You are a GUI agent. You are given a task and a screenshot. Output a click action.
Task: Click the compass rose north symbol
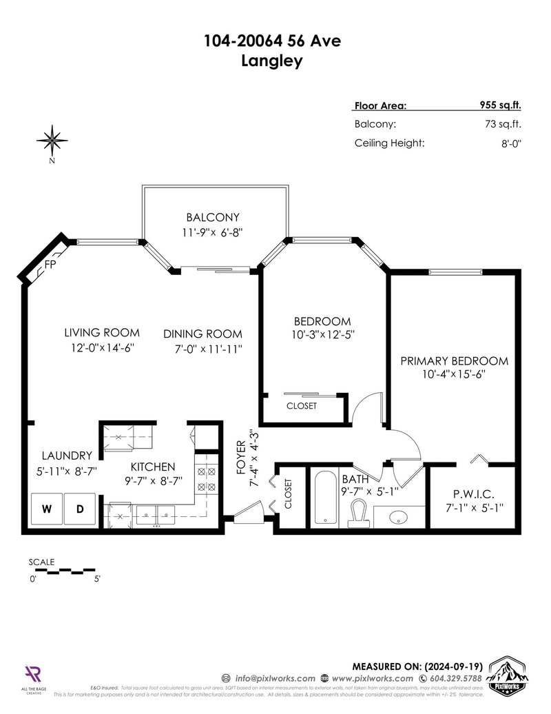pos(52,141)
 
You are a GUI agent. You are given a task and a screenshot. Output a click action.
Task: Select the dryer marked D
pos(80,510)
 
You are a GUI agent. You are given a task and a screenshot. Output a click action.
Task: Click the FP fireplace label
pos(50,265)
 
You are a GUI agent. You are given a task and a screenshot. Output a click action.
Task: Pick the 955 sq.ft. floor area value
pos(500,105)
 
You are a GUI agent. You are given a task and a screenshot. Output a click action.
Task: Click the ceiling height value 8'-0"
pos(510,143)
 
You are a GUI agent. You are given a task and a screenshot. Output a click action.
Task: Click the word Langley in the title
pos(273,61)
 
